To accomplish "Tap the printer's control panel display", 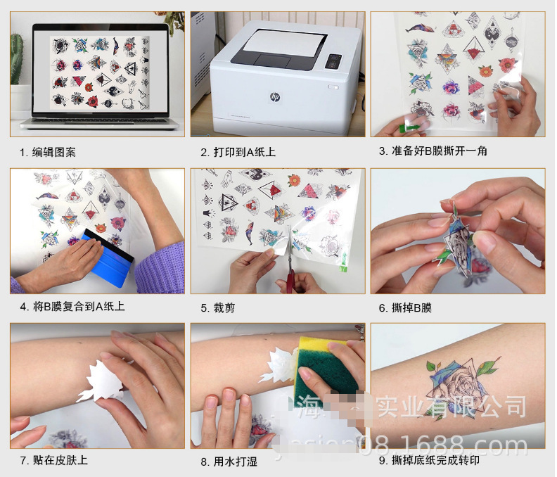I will point(334,62).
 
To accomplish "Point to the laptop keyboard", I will point(98,122).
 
